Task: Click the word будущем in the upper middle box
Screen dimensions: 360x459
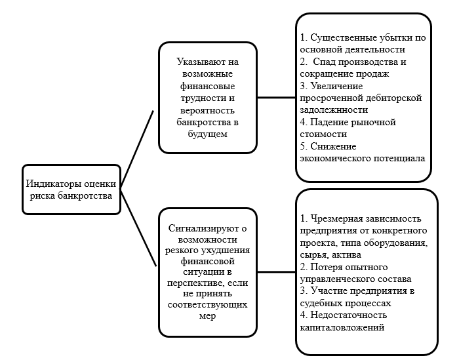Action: pos(207,134)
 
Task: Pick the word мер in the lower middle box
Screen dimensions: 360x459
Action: pos(207,315)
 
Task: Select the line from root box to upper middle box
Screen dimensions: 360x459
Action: pos(138,144)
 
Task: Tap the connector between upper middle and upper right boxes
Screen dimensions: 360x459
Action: pos(275,96)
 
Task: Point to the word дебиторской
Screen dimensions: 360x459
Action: pos(391,98)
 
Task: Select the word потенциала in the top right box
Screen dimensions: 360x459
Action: pos(401,159)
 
